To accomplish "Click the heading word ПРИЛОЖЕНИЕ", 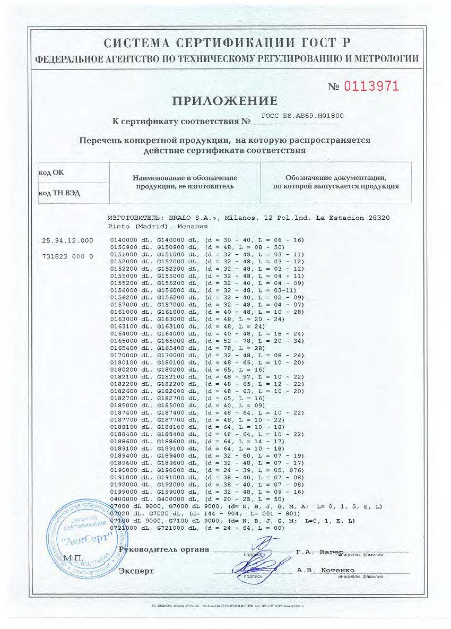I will point(225,101).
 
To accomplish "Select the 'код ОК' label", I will point(51,173).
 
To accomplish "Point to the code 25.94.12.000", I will point(67,240).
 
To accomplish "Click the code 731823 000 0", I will point(67,256).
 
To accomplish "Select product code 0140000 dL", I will point(127,240).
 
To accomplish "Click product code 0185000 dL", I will point(127,406).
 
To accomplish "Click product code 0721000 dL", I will point(127,528).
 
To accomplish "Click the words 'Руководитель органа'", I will point(164,549).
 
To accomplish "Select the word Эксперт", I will point(136,571).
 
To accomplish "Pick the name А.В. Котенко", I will point(325,570).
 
